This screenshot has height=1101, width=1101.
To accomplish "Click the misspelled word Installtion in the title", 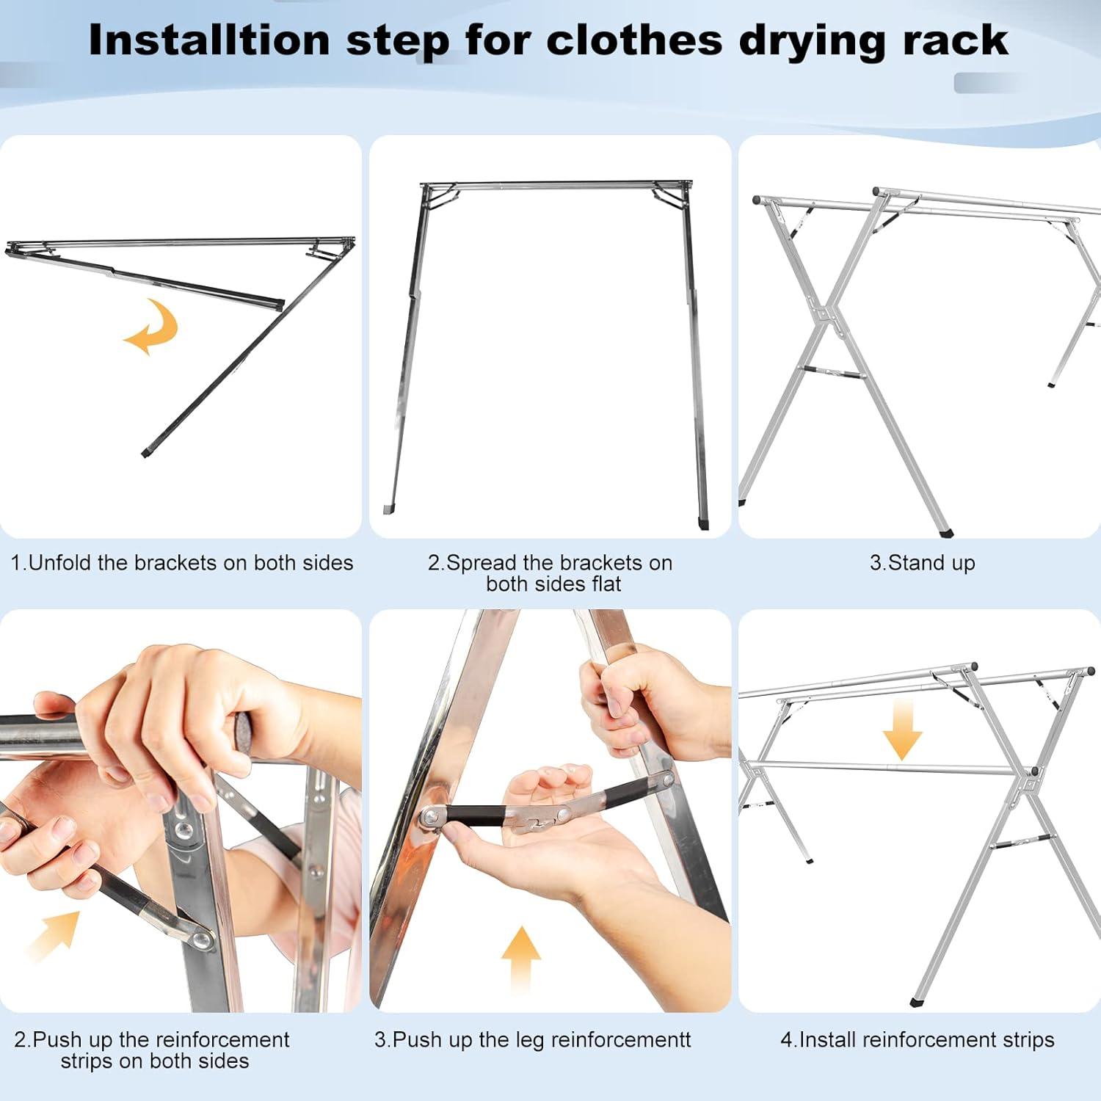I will pyautogui.click(x=209, y=40).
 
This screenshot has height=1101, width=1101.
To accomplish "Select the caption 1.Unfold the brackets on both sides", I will pyautogui.click(x=181, y=563).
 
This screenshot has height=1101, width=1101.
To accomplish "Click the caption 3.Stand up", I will pyautogui.click(x=922, y=563).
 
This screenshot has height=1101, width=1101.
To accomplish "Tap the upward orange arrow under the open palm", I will pyautogui.click(x=521, y=958).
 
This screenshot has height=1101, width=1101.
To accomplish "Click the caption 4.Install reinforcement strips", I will pyautogui.click(x=917, y=1039).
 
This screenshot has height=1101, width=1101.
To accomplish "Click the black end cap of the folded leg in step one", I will pyautogui.click(x=145, y=453).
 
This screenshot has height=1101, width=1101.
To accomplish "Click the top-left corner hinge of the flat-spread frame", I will pyautogui.click(x=428, y=189).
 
